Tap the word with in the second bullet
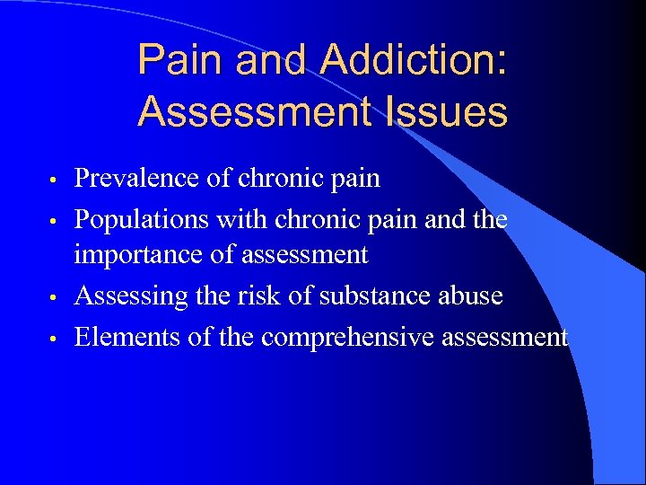point(251,218)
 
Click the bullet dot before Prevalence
point(56,180)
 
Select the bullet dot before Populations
point(56,220)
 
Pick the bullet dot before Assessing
point(56,297)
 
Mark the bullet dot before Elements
point(56,339)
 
